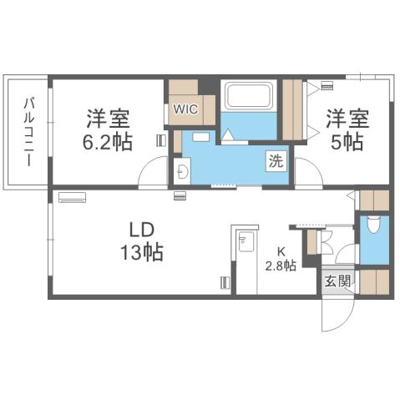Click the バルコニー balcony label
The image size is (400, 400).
point(28,132)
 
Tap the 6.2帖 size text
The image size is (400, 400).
point(108,142)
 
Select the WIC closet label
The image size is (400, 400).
point(185,109)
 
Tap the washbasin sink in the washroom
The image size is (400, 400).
point(183,170)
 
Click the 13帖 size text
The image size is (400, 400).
point(139,251)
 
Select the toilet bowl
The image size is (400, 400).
point(373,225)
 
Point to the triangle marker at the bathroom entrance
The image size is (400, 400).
point(227,136)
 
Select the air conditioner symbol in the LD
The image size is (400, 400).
point(72,199)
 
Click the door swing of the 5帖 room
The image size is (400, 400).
point(307,174)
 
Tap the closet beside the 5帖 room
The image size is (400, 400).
point(294,109)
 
